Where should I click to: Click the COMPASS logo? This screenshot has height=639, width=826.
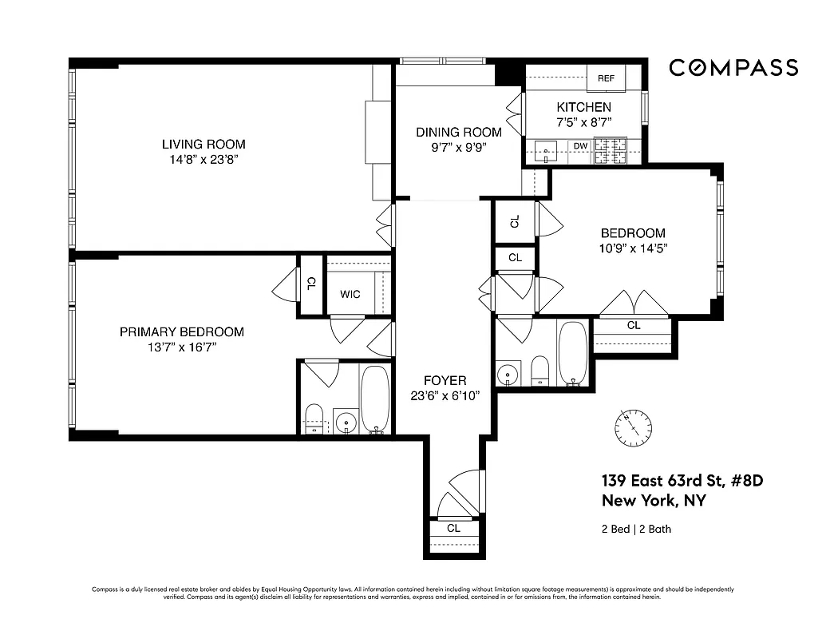(x=733, y=68)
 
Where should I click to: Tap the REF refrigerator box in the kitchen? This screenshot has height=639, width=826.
(x=606, y=78)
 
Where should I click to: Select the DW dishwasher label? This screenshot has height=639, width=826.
(x=580, y=146)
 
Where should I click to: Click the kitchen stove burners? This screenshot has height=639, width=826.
(x=611, y=150)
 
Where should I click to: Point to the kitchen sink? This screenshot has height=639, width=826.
(x=545, y=150)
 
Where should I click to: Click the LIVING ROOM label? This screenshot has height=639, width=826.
(x=204, y=145)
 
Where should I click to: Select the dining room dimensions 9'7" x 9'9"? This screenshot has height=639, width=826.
(x=458, y=147)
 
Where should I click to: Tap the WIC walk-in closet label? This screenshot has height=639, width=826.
(x=350, y=294)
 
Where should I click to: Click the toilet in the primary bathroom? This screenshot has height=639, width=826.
(x=314, y=418)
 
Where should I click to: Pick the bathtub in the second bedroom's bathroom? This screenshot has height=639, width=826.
(x=572, y=352)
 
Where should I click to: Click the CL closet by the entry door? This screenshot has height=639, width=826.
(x=453, y=528)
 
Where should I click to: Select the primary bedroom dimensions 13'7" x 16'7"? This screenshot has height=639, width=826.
(x=181, y=347)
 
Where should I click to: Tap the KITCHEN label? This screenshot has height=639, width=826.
(x=583, y=107)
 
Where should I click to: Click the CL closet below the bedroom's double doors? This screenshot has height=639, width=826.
(x=633, y=325)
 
